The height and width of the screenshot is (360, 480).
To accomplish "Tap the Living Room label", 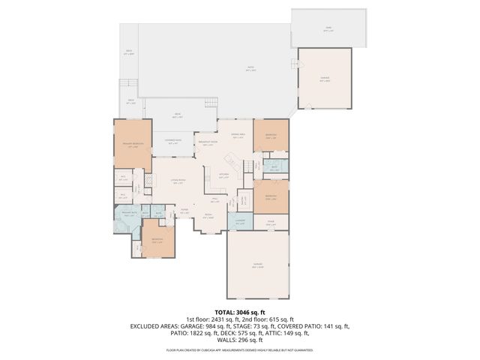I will pyautogui.click(x=178, y=181).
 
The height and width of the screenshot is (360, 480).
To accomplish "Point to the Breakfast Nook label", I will pyautogui.click(x=207, y=143).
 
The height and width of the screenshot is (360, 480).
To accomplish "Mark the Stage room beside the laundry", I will pyautogui.click(x=271, y=222).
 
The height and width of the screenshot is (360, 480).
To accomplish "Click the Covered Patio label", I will pyautogui.click(x=173, y=140).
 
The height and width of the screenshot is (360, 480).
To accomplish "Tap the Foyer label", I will pyautogui.click(x=184, y=211).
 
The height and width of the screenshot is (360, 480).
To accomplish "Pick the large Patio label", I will pyautogui.click(x=250, y=69).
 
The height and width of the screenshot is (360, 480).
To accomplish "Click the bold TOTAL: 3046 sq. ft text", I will pyautogui.click(x=240, y=312).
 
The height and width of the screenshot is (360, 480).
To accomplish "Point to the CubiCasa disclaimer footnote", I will pyautogui.click(x=240, y=350).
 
